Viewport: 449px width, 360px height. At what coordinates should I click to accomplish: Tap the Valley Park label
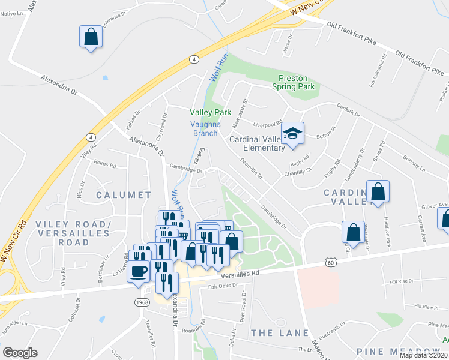tap(211, 112)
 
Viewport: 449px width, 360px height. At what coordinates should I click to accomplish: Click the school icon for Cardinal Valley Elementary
tap(293, 133)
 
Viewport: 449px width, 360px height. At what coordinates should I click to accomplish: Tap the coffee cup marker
tap(139, 271)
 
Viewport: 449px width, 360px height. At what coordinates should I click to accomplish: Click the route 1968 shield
tap(142, 302)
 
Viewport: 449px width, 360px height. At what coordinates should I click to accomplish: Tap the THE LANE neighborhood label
tap(280, 332)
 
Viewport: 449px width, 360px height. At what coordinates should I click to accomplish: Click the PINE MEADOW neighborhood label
tap(399, 350)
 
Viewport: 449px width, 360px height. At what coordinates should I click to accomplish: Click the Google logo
tap(20, 353)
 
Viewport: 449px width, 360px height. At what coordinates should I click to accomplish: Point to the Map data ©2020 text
tap(424, 355)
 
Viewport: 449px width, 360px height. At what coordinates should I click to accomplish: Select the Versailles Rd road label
tap(239, 274)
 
